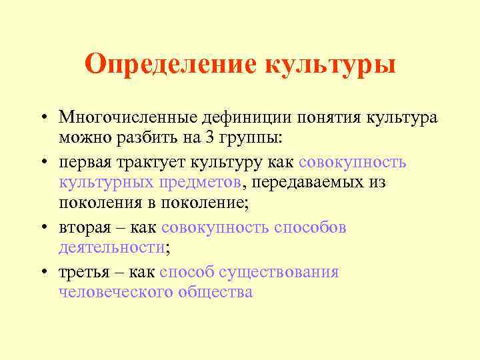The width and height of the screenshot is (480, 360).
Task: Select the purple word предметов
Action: pyautogui.click(x=197, y=182)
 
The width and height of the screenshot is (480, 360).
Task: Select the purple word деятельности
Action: pyautogui.click(x=111, y=247)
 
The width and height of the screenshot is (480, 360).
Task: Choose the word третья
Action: pyautogui.click(x=84, y=271)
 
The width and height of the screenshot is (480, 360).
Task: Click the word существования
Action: pyautogui.click(x=282, y=271)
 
